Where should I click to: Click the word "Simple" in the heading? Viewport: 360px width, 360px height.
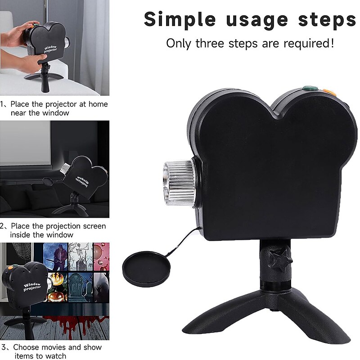(180, 20)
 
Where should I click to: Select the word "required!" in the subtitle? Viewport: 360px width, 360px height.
(309, 43)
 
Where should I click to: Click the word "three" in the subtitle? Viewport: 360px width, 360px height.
(210, 43)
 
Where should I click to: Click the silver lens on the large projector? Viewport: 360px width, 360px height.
(179, 182)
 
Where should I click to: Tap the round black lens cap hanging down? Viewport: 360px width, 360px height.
(147, 269)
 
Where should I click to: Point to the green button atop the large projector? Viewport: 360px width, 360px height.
(310, 88)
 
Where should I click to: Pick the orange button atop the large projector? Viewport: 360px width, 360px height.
(329, 92)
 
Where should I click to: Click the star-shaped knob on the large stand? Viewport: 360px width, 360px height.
(280, 261)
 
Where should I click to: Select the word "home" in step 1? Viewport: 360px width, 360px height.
(98, 104)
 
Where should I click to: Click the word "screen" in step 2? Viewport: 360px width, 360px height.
(94, 226)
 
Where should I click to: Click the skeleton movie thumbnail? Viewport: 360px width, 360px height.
(81, 256)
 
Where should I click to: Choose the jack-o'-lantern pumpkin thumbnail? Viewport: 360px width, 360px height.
(58, 287)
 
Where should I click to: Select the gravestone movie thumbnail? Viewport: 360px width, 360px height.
(81, 288)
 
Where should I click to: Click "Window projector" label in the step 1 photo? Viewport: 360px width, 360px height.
(50, 49)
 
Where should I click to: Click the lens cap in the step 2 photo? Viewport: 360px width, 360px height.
(48, 181)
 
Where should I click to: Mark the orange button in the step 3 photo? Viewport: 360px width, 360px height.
(10, 267)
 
